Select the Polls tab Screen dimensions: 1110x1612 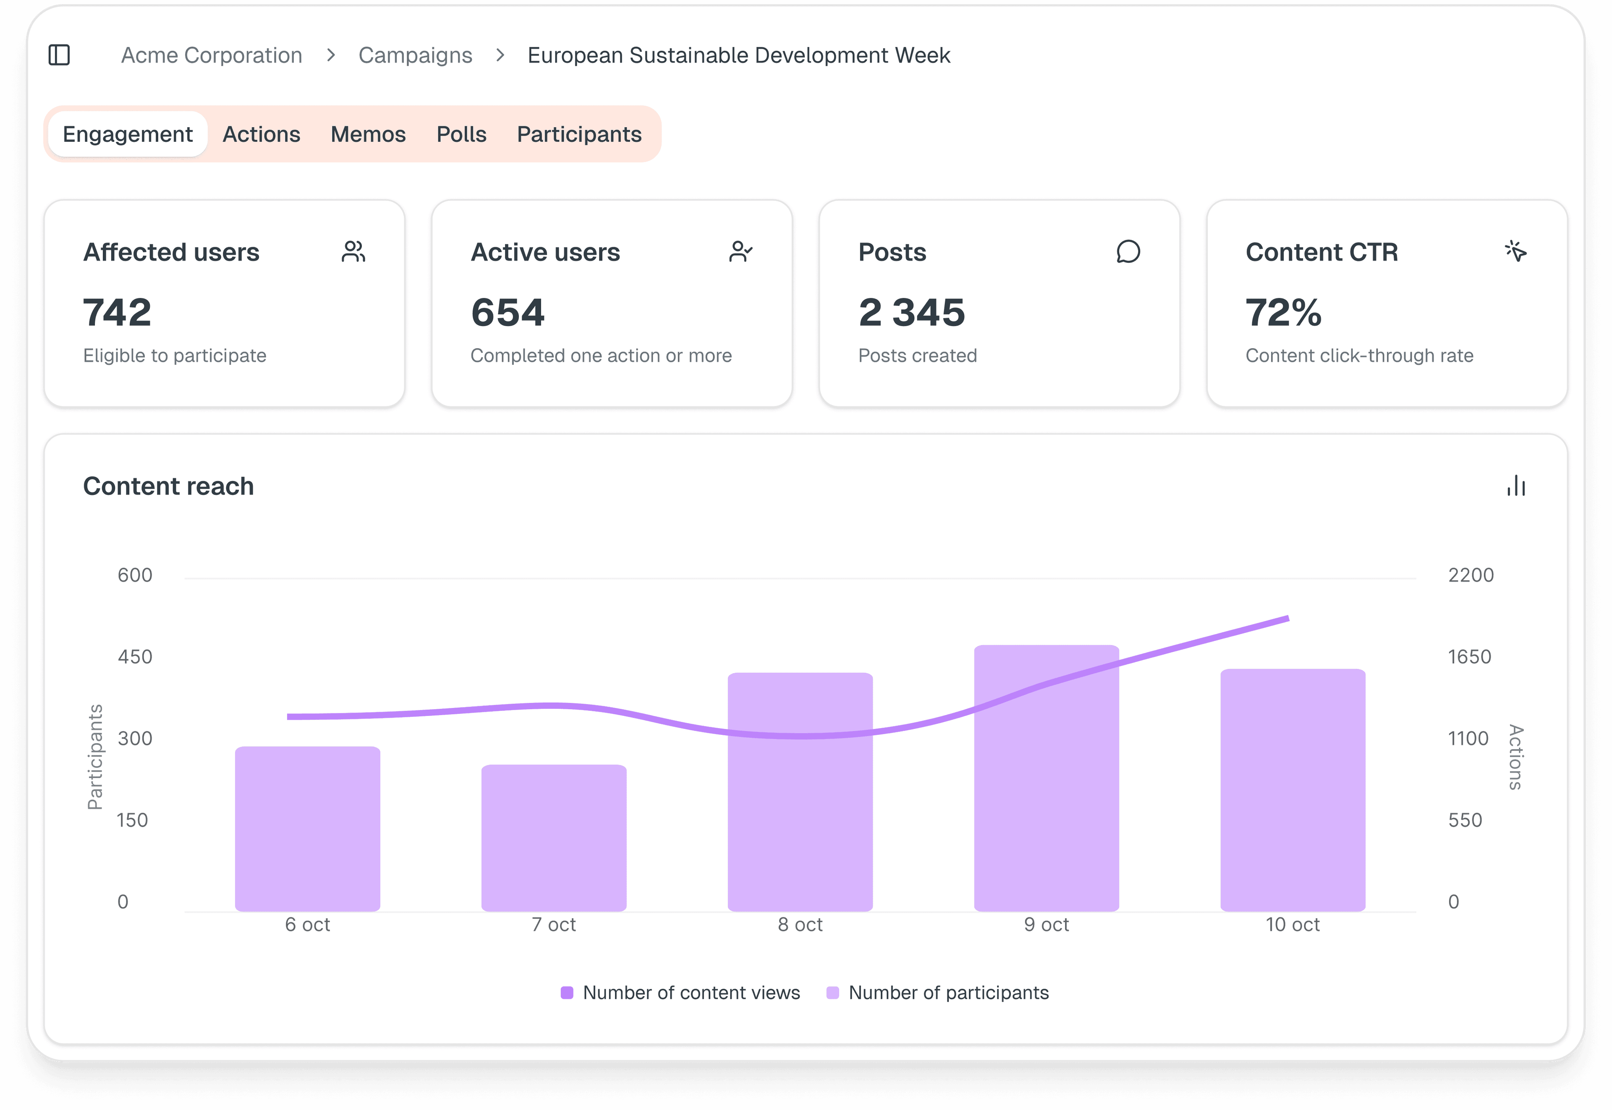[x=461, y=134]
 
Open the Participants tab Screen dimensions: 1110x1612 [x=579, y=134]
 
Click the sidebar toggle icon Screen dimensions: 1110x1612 [x=59, y=55]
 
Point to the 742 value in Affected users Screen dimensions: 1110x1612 [x=117, y=312]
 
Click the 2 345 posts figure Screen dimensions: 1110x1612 [x=911, y=312]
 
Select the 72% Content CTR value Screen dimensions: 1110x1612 [x=1283, y=312]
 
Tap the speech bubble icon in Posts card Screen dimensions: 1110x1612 [x=1128, y=252]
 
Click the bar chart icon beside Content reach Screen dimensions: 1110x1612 [x=1516, y=486]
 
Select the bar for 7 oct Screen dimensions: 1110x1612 [x=554, y=838]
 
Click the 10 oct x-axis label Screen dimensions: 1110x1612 [x=1292, y=925]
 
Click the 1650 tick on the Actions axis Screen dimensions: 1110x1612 [x=1469, y=656]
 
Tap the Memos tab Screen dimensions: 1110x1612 [x=368, y=134]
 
